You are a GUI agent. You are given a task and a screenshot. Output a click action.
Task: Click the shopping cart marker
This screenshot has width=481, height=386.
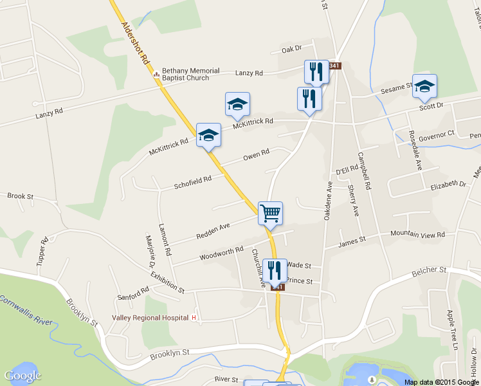tap(270, 213)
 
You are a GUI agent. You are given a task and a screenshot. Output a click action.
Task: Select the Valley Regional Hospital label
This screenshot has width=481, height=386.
tap(150, 318)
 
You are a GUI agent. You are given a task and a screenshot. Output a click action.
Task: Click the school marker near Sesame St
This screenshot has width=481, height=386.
tap(424, 86)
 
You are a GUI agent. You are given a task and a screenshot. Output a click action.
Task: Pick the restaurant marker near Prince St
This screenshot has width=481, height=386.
tap(275, 271)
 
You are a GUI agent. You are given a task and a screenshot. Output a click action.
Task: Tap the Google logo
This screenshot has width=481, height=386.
tap(23, 376)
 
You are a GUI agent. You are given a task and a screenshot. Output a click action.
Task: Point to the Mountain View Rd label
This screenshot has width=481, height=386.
tap(418, 235)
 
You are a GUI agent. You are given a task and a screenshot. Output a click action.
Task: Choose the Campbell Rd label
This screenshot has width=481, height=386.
tap(365, 171)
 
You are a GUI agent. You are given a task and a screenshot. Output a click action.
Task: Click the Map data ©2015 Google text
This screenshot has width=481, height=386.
tap(442, 381)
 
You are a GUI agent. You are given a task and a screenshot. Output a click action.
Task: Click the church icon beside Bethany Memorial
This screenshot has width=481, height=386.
tap(155, 74)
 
